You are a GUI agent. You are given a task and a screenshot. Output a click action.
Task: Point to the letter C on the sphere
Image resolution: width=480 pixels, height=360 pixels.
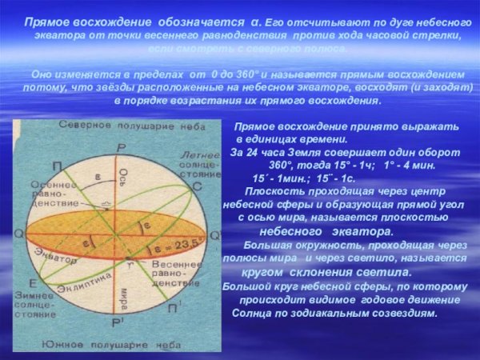[x=196, y=185]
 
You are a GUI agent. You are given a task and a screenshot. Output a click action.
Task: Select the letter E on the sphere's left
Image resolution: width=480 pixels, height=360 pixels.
[x=32, y=284]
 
